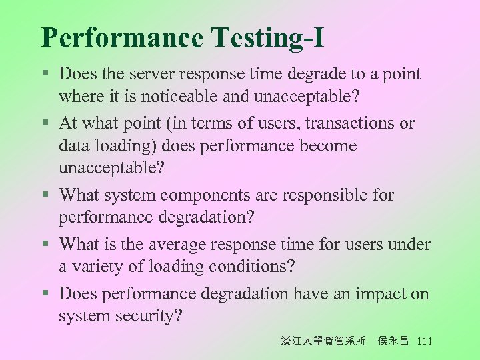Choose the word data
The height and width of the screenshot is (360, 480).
click(73, 145)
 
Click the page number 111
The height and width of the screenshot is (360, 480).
click(424, 341)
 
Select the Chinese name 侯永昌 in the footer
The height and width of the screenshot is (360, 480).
click(393, 341)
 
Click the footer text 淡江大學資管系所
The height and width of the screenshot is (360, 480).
click(323, 341)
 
